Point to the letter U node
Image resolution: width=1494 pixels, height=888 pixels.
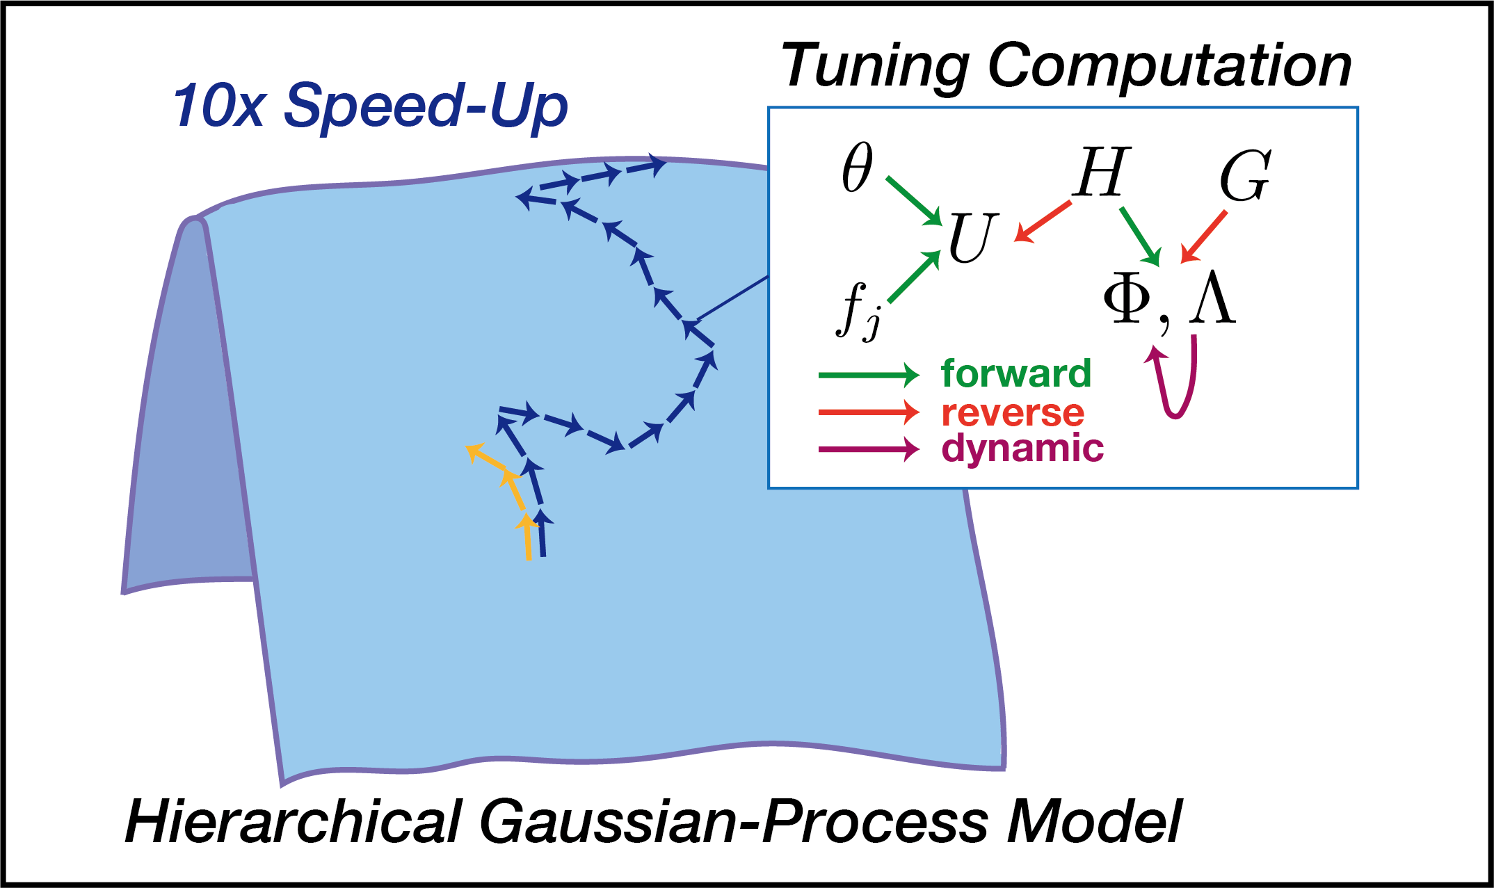pyautogui.click(x=972, y=238)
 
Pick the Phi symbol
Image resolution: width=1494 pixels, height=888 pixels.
pyautogui.click(x=1127, y=300)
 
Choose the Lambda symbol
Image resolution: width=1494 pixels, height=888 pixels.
pyautogui.click(x=1212, y=300)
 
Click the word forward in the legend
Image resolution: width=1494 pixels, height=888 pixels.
pyautogui.click(x=1016, y=374)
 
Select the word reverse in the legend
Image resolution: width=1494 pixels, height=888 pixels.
pyautogui.click(x=1013, y=413)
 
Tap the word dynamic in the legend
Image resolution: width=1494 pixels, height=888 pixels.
pyautogui.click(x=1022, y=448)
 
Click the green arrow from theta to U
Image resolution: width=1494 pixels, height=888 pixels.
pyautogui.click(x=913, y=201)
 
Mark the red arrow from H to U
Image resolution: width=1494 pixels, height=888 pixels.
pyautogui.click(x=1043, y=221)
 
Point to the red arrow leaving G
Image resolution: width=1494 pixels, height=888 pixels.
pyautogui.click(x=1205, y=236)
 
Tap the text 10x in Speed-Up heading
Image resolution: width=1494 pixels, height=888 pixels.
pyautogui.click(x=218, y=106)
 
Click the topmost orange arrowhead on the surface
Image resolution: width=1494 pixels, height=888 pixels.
pyautogui.click(x=474, y=452)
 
